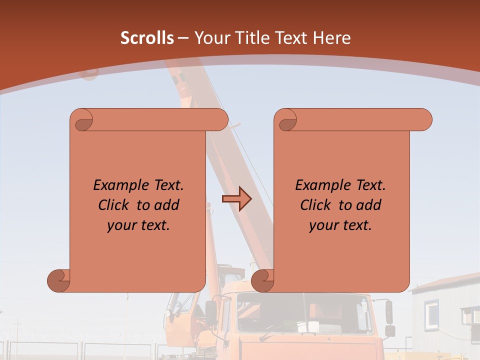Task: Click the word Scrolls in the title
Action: coord(147,38)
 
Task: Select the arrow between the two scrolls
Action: coord(236,199)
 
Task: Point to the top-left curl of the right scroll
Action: coord(287,120)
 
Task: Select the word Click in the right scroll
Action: coord(315,205)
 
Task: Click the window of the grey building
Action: coord(431,312)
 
